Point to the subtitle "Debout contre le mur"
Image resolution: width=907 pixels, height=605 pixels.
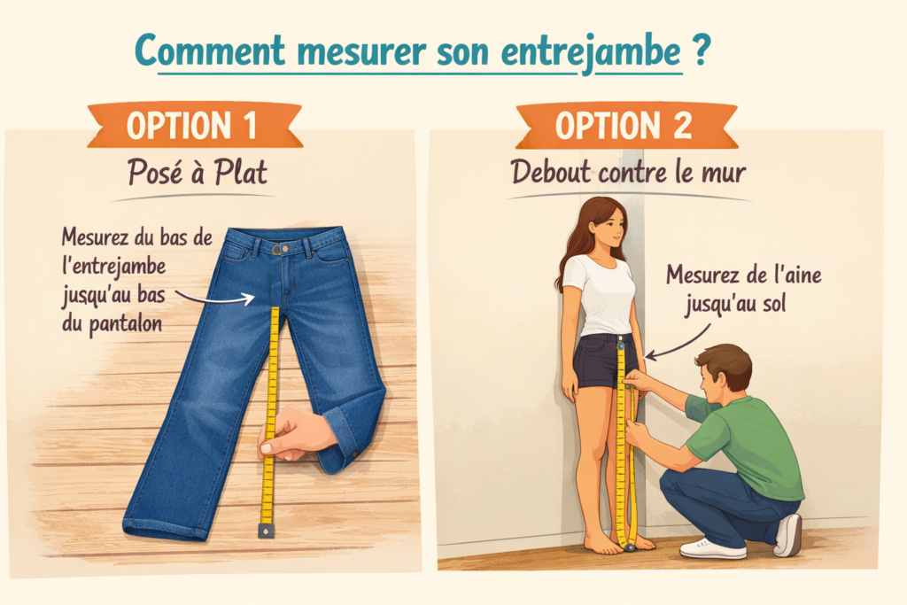point(628,173)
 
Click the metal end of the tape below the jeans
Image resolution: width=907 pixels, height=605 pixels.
point(265,531)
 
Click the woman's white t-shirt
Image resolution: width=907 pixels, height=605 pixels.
point(602,293)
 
